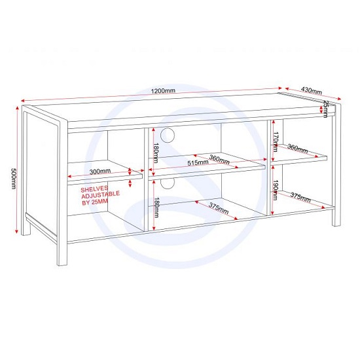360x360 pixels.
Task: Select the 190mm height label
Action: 277,190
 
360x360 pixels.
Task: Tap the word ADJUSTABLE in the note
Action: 99,196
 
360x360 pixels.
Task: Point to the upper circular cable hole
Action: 168,135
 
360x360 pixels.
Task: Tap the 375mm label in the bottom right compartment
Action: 300,197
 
